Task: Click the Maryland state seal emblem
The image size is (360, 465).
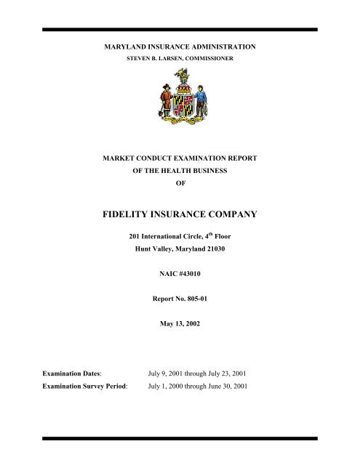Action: click(180, 98)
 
